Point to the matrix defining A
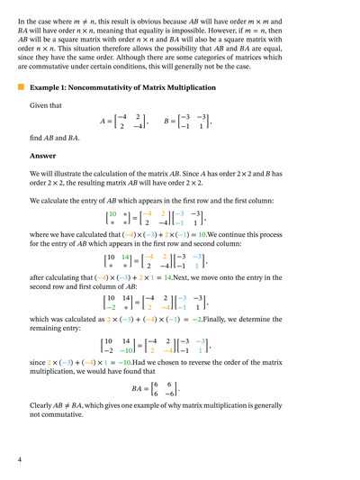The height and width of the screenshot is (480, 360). (x=130, y=121)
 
